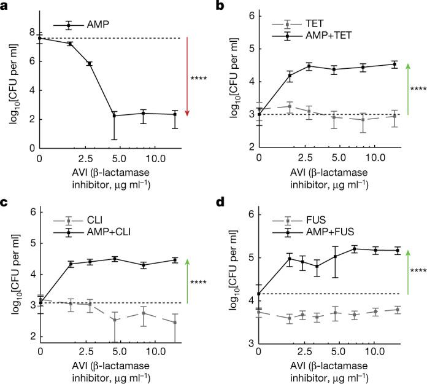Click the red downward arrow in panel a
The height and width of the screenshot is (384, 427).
(188, 77)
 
